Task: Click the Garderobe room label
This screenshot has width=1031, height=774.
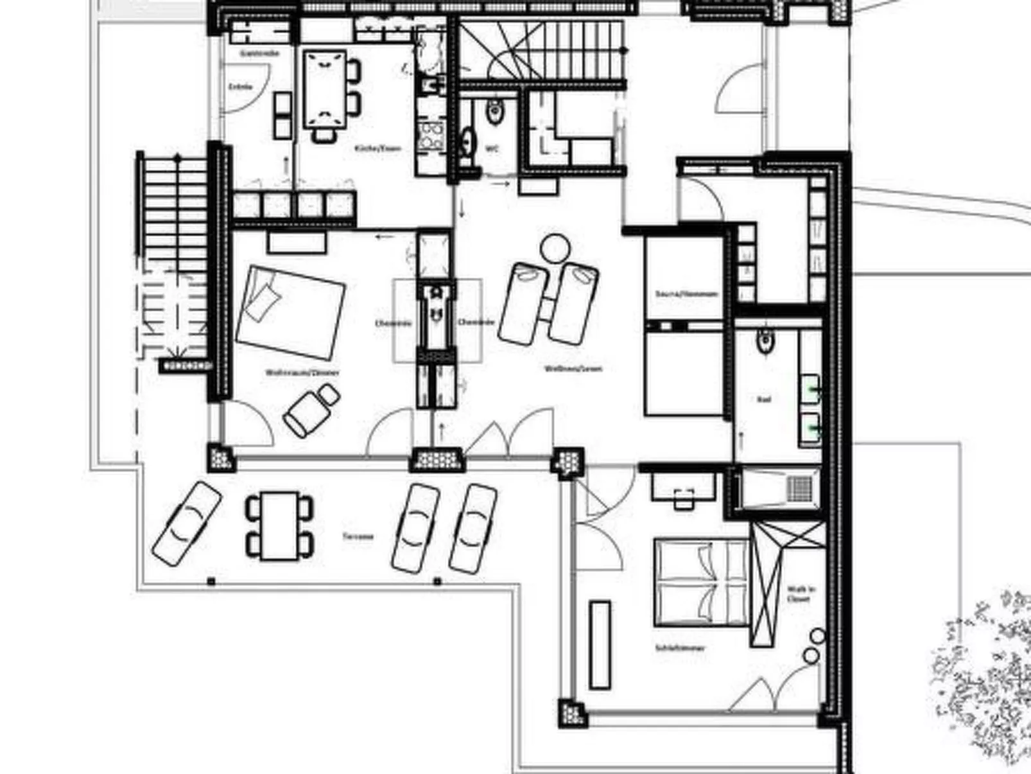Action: point(259,53)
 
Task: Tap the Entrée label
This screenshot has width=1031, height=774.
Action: point(241,87)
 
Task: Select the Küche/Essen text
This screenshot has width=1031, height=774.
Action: point(377,148)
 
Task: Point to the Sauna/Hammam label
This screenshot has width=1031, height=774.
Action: point(686,294)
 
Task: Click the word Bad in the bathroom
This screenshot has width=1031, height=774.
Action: point(763,400)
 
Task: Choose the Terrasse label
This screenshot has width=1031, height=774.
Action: point(358,536)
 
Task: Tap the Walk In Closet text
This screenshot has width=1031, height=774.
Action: point(800,594)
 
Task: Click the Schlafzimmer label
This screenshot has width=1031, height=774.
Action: point(680,648)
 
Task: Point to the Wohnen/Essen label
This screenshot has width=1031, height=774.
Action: point(573,369)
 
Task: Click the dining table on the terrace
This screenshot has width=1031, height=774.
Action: point(279,525)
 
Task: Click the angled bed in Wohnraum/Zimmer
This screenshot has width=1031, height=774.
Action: point(291,312)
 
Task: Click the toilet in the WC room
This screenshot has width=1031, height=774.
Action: point(494,112)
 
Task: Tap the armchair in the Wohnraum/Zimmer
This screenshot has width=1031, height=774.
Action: point(311,411)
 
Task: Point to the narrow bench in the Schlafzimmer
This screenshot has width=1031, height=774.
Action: point(600,644)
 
